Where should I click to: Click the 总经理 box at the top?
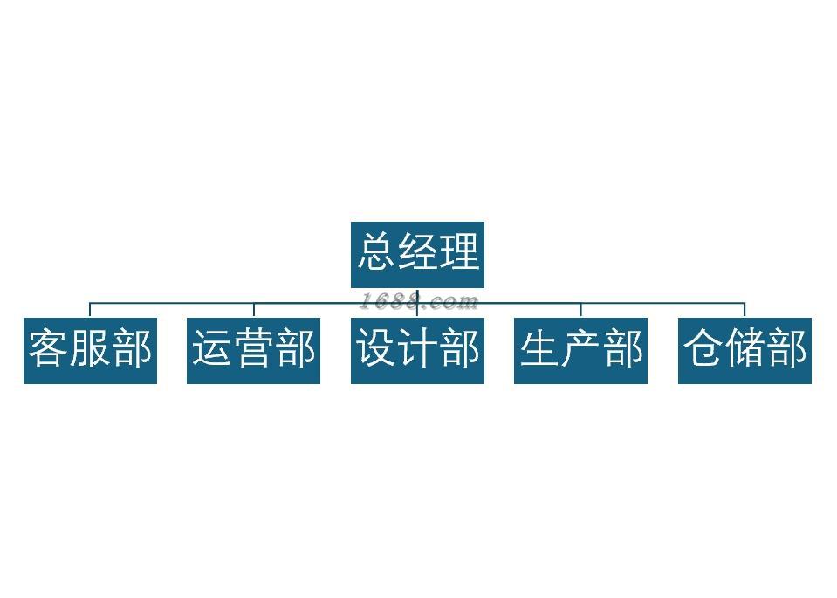pos(417,254)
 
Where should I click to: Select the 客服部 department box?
pos(90,350)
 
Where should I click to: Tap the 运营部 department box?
pos(253,350)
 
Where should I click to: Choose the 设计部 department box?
pos(417,350)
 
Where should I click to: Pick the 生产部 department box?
pos(580,350)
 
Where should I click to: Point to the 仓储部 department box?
pos(744,350)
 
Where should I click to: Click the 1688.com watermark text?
pos(420,302)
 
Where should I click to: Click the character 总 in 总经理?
pos(376,251)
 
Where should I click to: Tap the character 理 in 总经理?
pos(459,251)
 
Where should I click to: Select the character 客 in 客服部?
pos(49,347)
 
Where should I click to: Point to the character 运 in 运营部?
pos(212,347)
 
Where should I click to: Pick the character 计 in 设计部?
pos(417,347)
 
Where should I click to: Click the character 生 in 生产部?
pos(539,347)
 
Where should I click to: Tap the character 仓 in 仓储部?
pos(703,347)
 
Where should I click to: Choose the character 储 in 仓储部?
pos(744,347)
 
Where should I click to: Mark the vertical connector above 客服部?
pos(90,310)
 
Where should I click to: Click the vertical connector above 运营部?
pos(253,310)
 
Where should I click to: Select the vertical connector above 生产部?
pos(580,310)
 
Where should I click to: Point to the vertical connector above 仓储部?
pos(744,310)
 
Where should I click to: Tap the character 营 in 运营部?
pos(253,347)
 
